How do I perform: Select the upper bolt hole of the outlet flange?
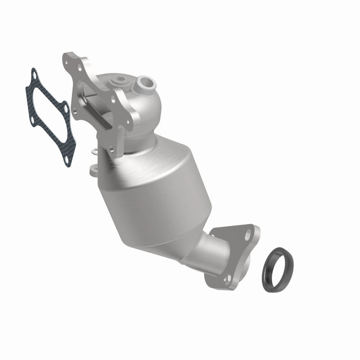coord(247,234)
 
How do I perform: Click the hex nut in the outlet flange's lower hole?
coord(225,279)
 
